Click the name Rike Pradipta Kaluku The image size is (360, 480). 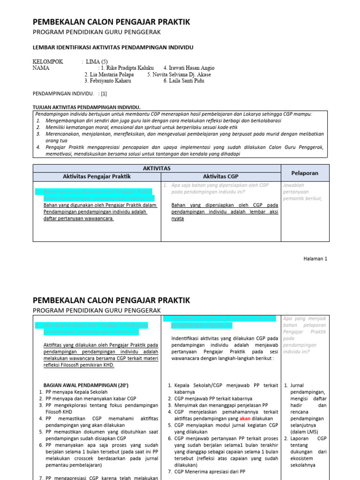coord(127,67)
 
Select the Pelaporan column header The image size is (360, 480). coord(305,173)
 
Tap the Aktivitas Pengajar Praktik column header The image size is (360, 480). coord(97,176)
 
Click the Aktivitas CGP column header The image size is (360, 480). coord(221,176)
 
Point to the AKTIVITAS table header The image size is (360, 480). coord(157,168)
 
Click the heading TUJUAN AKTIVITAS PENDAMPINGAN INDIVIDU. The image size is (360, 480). coord(87,107)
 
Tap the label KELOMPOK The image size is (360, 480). coord(48,61)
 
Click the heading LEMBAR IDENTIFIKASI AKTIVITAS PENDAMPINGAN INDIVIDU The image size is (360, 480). coord(112,47)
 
